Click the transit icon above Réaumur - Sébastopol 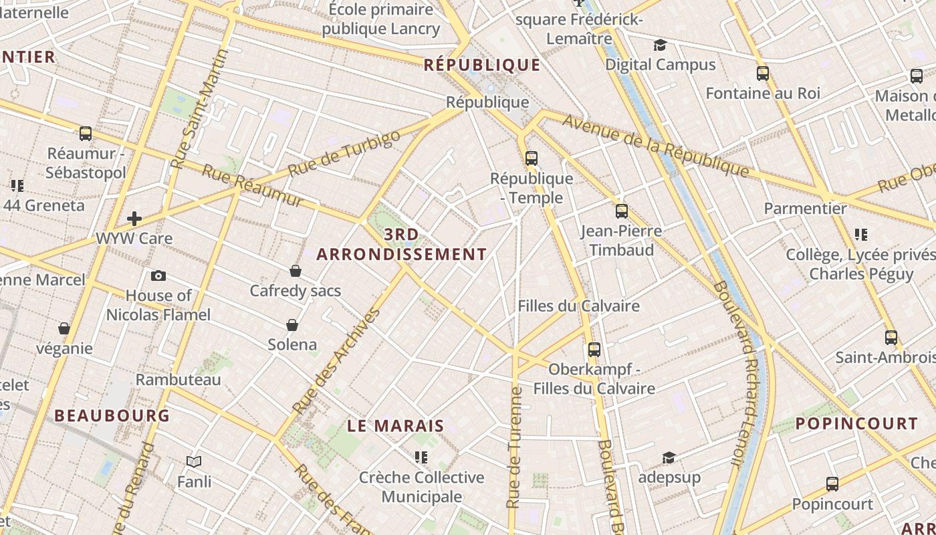pos(86,134)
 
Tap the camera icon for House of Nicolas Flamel pos(158,276)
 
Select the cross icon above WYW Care pos(134,218)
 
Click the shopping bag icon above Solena pos(292,325)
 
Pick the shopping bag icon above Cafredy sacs pos(296,271)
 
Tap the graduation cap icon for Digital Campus pos(661,45)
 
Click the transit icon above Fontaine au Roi pos(763,74)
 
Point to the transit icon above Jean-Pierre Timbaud pos(622,211)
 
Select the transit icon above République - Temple pos(532,158)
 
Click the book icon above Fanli pos(194,461)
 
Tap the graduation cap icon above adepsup pos(669,457)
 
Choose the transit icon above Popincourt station pos(832,484)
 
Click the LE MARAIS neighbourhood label pos(396,426)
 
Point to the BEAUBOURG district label pos(112,415)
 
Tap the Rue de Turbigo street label pos(344,153)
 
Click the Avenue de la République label pos(655,146)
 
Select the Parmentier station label pos(805,209)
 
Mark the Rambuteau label pos(178,380)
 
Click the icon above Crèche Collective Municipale pos(421,457)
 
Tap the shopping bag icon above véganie pos(64,328)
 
